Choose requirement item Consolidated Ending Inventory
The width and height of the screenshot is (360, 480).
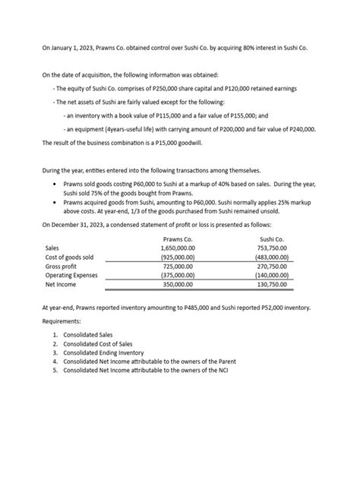tap(104, 352)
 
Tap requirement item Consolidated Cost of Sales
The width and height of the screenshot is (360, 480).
tap(99, 343)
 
